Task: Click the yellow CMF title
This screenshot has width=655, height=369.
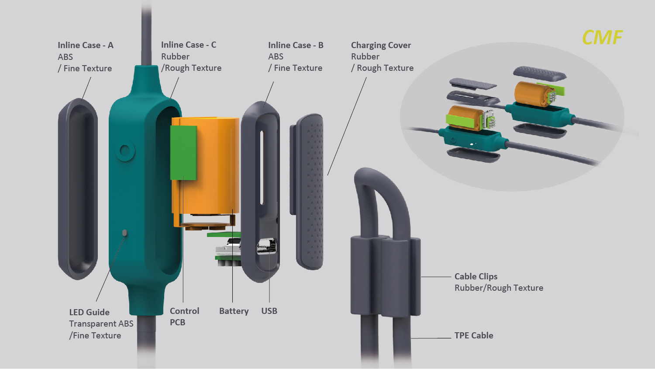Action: point(602,38)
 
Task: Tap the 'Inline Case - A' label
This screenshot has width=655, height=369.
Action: point(85,45)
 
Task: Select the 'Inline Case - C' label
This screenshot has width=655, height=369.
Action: point(188,45)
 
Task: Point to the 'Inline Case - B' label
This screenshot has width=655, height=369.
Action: point(296,45)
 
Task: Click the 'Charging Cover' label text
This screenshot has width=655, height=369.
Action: point(381,45)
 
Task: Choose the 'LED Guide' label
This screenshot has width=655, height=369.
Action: point(89,312)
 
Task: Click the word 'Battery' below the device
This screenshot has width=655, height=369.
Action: point(234,311)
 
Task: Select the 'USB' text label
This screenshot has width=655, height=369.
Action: point(269,311)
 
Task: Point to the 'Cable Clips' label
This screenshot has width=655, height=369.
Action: point(476,276)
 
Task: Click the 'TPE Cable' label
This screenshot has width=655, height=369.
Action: point(473,335)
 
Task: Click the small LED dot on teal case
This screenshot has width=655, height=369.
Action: point(124,233)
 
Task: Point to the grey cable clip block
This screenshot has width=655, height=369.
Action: point(385,275)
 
